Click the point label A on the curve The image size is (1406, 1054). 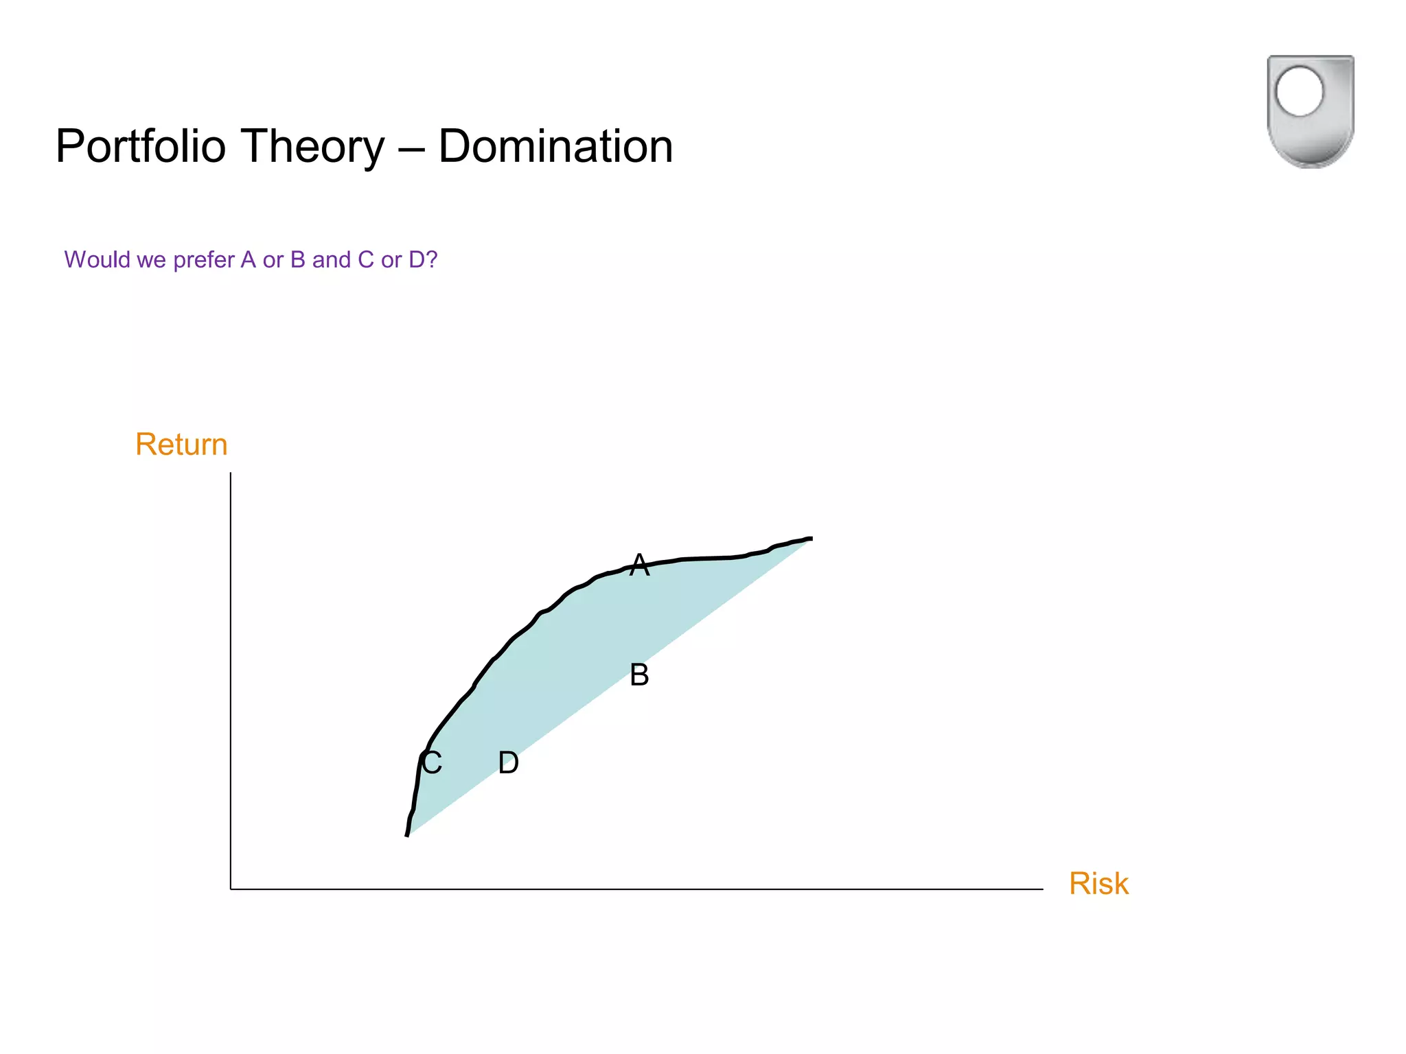639,565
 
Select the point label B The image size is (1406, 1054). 639,675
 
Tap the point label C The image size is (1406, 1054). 432,763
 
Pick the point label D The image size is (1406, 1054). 508,763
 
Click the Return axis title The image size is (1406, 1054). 181,445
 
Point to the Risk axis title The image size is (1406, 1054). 1098,884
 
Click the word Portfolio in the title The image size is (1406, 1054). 141,147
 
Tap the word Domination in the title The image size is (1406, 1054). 555,147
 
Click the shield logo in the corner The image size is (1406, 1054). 1310,112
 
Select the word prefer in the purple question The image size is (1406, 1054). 204,260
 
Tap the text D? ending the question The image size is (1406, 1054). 423,260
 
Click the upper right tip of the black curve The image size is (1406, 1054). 811,539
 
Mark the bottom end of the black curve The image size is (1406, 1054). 407,834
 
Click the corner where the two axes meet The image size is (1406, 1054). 231,889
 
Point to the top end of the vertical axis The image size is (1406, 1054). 231,473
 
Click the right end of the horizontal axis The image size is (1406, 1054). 1042,889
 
